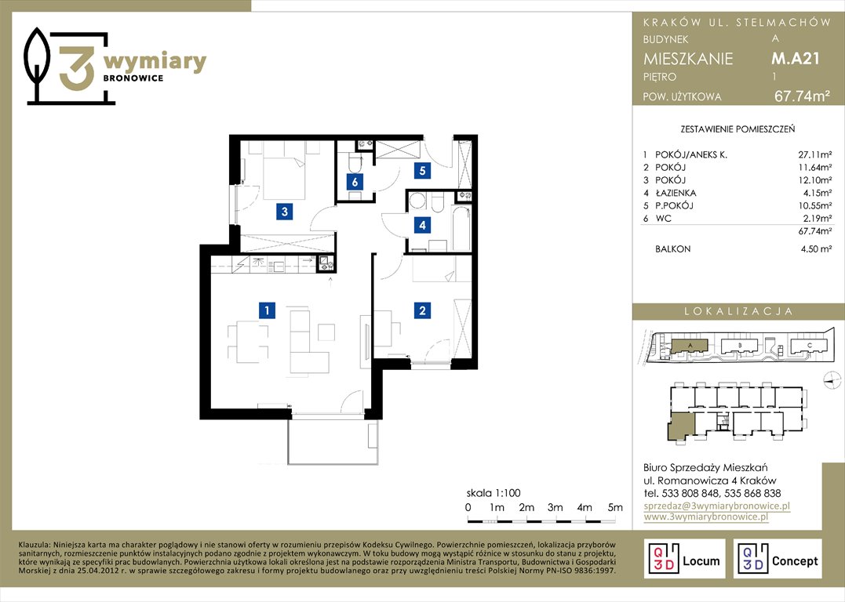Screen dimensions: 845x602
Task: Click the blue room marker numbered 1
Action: click(x=267, y=310)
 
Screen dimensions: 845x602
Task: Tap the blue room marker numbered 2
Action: click(x=422, y=310)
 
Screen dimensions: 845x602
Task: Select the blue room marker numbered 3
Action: click(x=285, y=212)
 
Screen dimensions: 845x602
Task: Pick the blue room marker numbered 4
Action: click(x=422, y=225)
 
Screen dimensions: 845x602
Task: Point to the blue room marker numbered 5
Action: click(x=422, y=171)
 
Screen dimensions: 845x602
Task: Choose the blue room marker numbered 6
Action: click(x=355, y=182)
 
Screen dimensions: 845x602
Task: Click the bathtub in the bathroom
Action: click(x=461, y=228)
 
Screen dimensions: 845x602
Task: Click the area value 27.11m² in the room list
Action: click(x=814, y=154)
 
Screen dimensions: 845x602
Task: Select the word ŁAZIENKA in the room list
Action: click(x=676, y=193)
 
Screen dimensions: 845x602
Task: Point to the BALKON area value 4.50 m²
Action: click(x=816, y=248)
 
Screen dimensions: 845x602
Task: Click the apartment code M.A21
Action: click(x=796, y=58)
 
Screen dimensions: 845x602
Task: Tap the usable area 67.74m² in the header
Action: click(x=802, y=96)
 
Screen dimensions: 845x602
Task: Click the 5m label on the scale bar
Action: click(x=615, y=507)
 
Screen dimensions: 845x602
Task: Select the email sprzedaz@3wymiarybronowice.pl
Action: click(x=717, y=506)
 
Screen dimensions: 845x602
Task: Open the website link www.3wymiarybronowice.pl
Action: click(x=705, y=517)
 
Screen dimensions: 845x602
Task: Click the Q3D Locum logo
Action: click(x=684, y=559)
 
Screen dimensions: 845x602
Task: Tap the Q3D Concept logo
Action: click(x=778, y=559)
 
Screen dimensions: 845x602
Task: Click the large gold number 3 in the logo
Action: click(x=77, y=67)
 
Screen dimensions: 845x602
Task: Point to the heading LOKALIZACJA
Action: click(x=738, y=311)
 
